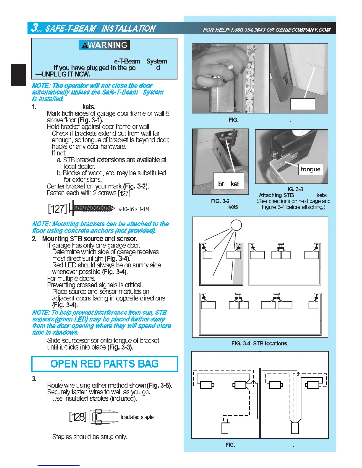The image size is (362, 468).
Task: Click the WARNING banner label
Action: (104, 45)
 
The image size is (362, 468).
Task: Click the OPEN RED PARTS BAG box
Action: (104, 364)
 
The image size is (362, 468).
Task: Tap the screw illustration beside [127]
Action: (92, 208)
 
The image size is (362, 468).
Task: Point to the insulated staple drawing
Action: (104, 417)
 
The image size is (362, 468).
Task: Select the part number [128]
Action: (78, 417)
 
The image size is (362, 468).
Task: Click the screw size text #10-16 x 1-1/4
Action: (134, 209)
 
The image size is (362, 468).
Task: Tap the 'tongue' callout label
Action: (310, 169)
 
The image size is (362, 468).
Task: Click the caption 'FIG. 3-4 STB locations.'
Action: (260, 343)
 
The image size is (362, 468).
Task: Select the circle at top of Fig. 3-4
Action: (236, 225)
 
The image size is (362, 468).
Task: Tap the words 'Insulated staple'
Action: (137, 417)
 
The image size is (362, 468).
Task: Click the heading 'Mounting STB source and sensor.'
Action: (90, 238)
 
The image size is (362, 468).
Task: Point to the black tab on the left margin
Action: (18, 74)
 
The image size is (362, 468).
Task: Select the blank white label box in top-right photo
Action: (303, 104)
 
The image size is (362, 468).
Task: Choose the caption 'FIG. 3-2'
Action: (220, 201)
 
